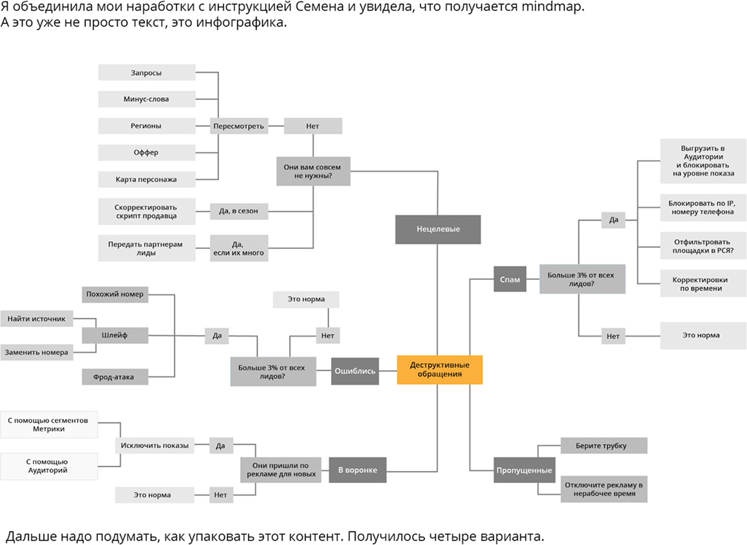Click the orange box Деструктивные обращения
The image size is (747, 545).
point(439,369)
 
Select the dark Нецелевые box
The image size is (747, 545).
point(438,229)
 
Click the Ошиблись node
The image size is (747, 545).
point(355,371)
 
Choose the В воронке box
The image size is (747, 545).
point(357,470)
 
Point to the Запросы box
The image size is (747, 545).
point(147,73)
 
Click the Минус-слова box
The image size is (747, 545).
point(147,99)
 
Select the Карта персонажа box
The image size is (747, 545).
point(147,179)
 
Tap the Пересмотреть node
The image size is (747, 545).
point(238,126)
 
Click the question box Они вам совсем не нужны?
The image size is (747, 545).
point(313,171)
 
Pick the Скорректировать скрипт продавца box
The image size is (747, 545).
point(147,212)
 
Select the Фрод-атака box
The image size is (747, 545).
point(116,376)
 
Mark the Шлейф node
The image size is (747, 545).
point(116,335)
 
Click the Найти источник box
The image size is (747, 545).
point(37,318)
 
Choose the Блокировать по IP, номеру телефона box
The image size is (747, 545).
point(702,208)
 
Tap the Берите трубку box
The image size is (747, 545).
point(602,445)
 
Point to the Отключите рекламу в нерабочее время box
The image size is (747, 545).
point(603,489)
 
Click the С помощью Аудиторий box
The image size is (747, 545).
point(48,466)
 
